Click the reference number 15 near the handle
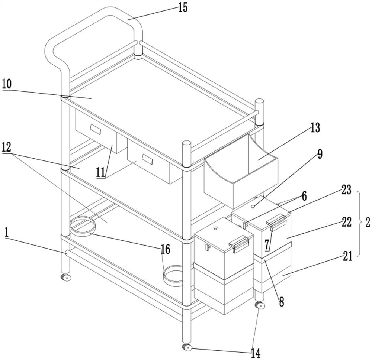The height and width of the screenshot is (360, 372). coord(183,7)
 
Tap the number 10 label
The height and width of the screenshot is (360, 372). coord(7,84)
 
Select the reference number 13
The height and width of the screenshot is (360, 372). coord(315,127)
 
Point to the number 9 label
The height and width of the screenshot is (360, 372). coord(320,154)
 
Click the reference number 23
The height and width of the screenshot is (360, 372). coord(346,190)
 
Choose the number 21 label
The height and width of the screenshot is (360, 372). coord(347,256)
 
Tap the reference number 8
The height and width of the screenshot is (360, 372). coord(281,302)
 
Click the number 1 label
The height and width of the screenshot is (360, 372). coord(7,233)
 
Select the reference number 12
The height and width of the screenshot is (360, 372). coord(6,147)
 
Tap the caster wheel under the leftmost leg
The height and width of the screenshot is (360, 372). coord(66,277)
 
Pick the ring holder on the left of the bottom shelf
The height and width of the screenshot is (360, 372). coord(82,227)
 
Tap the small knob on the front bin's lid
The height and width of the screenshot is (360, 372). coord(215,228)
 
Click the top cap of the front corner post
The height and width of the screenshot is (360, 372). coord(186,143)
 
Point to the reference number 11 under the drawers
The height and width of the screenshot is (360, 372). coord(100,172)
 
